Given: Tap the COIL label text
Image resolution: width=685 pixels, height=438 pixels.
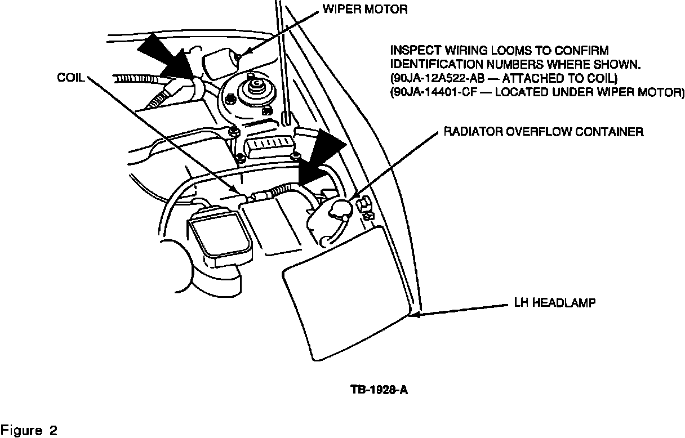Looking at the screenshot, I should (x=70, y=78).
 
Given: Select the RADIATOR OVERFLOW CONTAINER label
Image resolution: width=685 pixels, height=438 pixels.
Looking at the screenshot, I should (x=544, y=132).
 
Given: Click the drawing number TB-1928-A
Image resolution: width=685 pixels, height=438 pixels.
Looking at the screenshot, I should (x=375, y=389).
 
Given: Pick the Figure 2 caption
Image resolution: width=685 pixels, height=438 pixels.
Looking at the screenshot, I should (x=29, y=431).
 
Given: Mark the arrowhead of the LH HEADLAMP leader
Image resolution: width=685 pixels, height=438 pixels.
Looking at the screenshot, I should (x=417, y=315).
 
